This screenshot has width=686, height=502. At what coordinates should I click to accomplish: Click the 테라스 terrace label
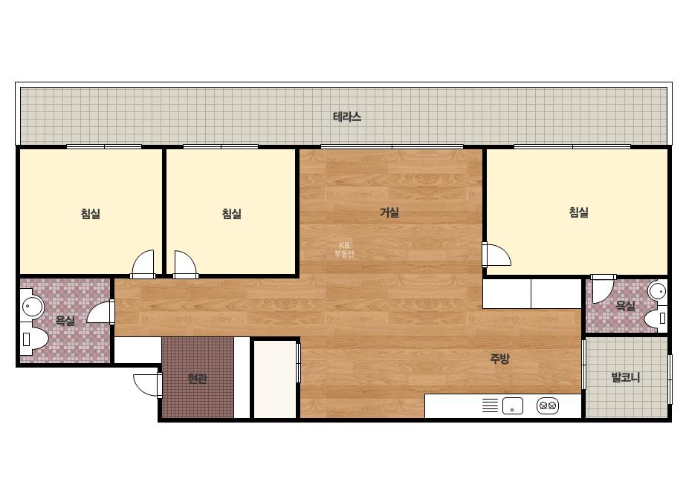click(x=347, y=117)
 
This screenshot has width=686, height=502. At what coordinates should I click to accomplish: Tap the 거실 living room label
click(x=389, y=212)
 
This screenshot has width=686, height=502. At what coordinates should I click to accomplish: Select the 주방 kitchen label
click(x=499, y=359)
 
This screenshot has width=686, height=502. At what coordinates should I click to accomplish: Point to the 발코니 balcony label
click(x=626, y=377)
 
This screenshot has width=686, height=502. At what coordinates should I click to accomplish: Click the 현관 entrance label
click(x=197, y=378)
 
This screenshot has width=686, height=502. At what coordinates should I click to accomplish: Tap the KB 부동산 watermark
click(x=344, y=250)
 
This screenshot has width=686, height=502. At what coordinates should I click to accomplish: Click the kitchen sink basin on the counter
click(x=513, y=405)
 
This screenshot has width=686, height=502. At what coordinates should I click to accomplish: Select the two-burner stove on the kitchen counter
click(x=548, y=405)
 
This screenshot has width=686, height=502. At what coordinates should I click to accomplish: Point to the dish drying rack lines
click(x=490, y=405)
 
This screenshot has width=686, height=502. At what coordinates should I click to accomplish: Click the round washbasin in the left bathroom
click(x=32, y=307)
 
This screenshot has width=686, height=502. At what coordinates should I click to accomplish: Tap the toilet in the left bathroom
click(x=33, y=339)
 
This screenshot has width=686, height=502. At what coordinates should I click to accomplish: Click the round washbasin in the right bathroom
click(x=657, y=291)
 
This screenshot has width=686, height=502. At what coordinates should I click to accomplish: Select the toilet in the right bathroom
click(x=656, y=318)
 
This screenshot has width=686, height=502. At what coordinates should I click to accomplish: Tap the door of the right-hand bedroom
click(x=496, y=254)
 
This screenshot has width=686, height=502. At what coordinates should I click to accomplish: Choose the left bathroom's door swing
click(x=100, y=312)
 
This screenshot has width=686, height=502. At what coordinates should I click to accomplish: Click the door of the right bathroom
click(x=604, y=289)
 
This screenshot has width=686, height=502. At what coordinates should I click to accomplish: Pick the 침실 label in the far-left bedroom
click(x=91, y=214)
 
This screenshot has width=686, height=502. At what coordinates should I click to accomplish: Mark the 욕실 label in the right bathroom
click(x=626, y=306)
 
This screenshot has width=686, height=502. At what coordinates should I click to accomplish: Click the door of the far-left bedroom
click(x=143, y=264)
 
